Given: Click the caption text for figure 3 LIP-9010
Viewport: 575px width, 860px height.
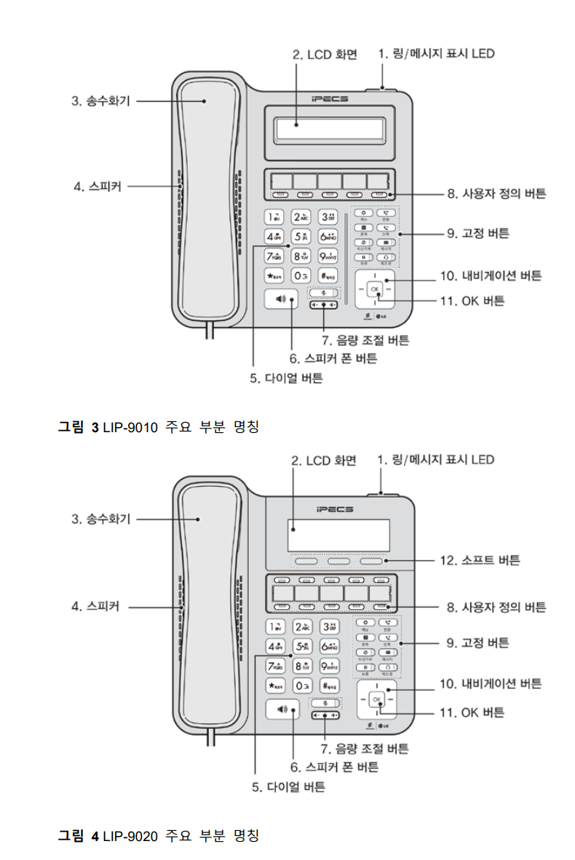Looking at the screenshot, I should click(x=158, y=427).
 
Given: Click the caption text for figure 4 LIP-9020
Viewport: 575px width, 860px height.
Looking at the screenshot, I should click(x=158, y=835).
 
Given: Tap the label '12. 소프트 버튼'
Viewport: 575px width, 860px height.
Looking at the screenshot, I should click(x=480, y=560).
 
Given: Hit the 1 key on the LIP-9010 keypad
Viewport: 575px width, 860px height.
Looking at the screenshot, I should click(x=274, y=217).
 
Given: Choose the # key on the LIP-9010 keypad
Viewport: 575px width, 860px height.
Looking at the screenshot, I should click(x=328, y=276).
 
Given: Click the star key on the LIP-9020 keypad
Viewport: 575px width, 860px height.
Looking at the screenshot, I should click(x=274, y=685).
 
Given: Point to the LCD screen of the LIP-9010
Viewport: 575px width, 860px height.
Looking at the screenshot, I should click(x=329, y=131).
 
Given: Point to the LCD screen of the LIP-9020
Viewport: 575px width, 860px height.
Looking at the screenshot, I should click(x=338, y=536).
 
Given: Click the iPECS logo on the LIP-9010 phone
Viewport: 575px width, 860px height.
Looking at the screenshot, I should click(x=329, y=98).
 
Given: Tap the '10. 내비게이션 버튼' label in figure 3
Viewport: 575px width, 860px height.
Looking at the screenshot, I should click(x=491, y=276).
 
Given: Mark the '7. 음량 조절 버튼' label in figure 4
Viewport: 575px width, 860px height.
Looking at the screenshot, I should click(x=365, y=748).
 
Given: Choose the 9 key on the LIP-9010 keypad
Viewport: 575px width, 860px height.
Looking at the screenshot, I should click(x=328, y=256).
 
